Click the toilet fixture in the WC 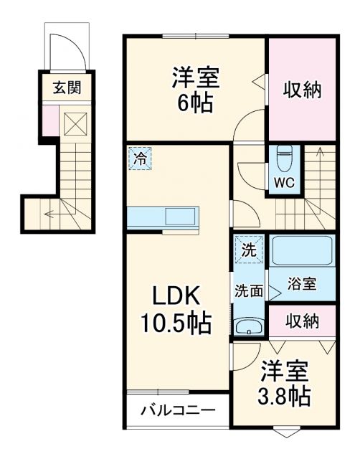(283, 156)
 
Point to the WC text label (283, 182)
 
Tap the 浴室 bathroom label (301, 283)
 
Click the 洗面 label (247, 291)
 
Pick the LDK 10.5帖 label (179, 311)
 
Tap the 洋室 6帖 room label (194, 90)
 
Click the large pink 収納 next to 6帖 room (301, 90)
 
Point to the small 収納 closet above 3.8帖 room (301, 321)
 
